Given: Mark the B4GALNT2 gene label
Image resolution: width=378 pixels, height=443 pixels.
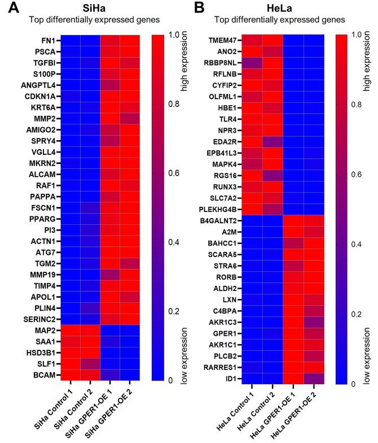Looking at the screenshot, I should [x=220, y=214].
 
